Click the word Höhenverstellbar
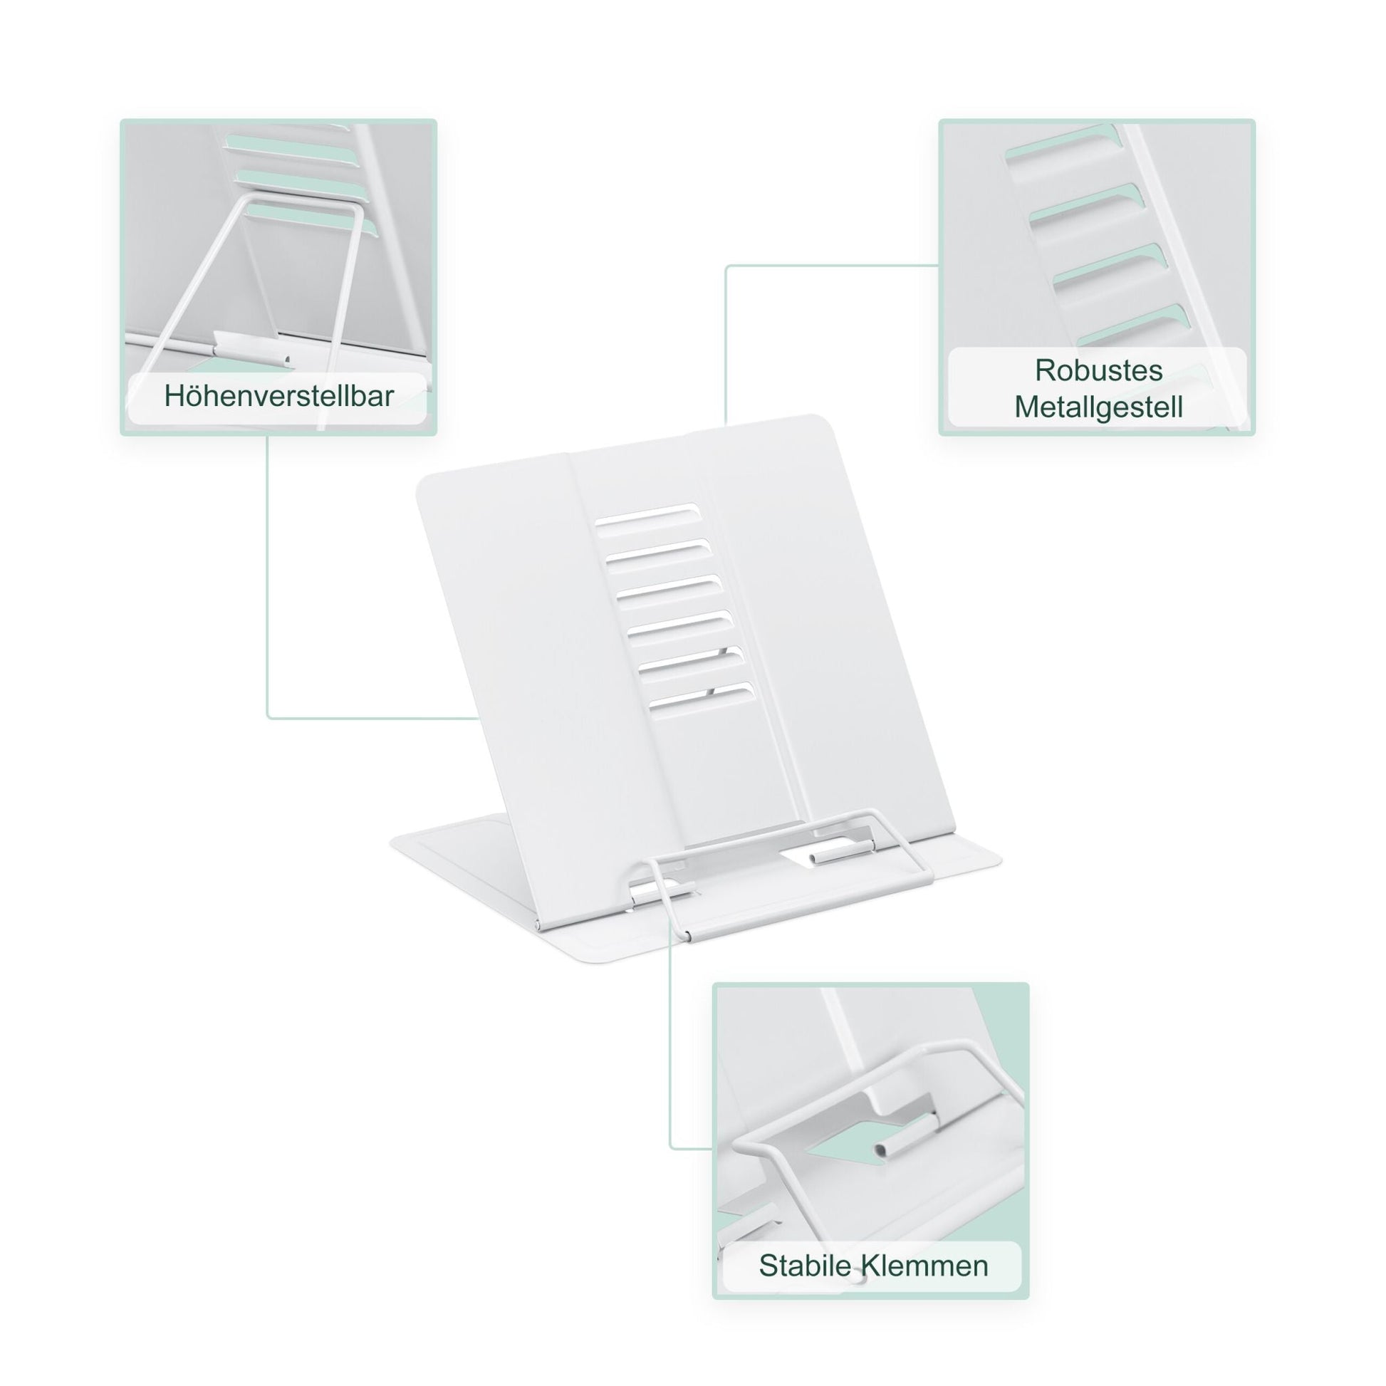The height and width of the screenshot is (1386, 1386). pos(278,396)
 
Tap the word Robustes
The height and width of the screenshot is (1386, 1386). pos(1098,370)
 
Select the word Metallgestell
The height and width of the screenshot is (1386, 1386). pos(1098,407)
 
